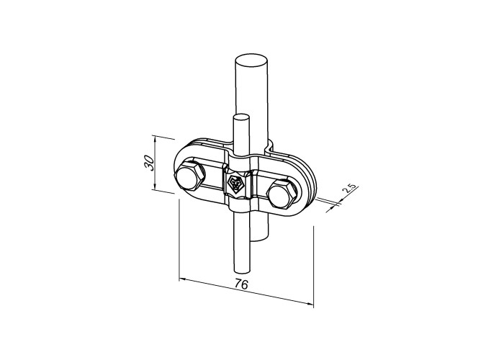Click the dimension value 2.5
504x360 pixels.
(349, 189)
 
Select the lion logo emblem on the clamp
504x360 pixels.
(235, 183)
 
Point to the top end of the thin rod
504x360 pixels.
(240, 117)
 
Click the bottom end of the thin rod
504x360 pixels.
(241, 271)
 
